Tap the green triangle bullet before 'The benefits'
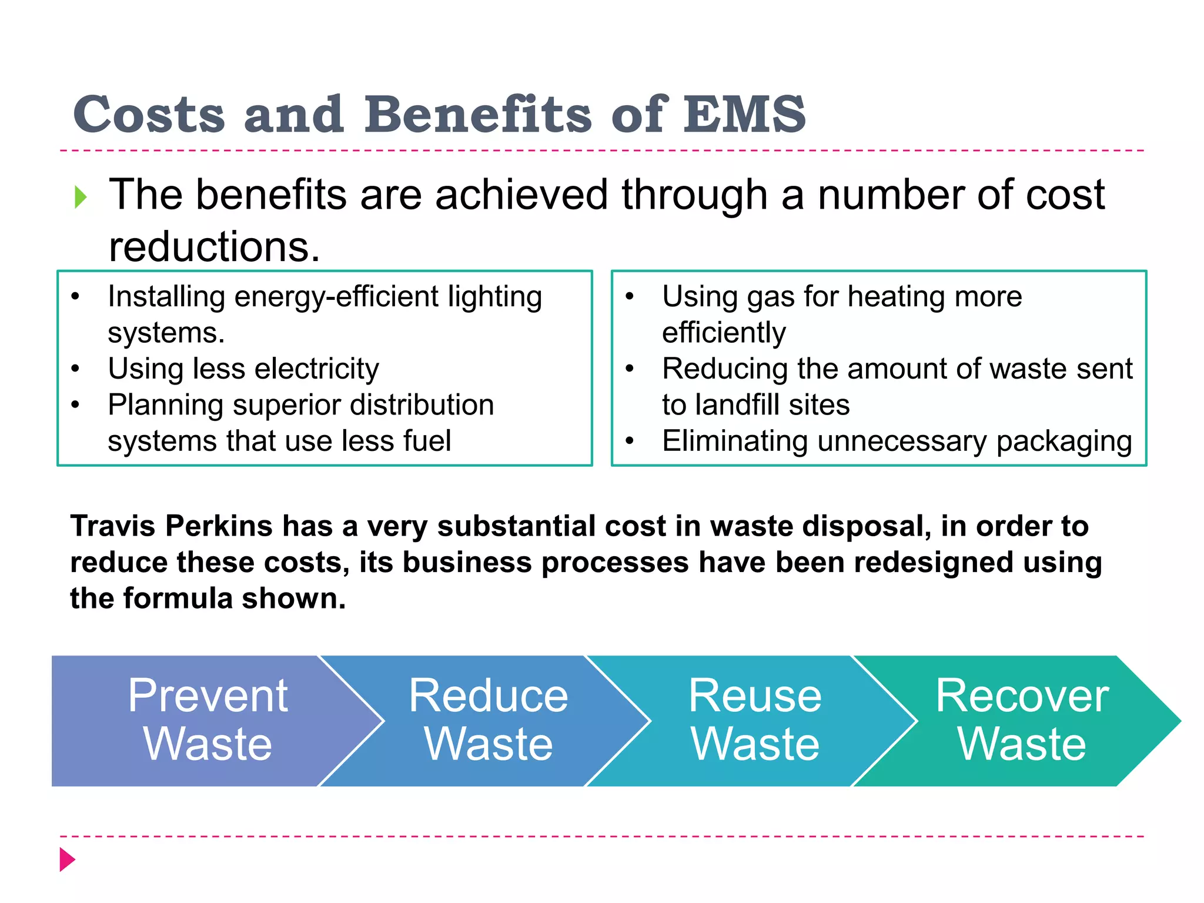pyautogui.click(x=81, y=197)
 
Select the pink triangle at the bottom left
pyautogui.click(x=67, y=859)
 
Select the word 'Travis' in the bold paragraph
pyautogui.click(x=113, y=526)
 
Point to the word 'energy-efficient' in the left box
pyautogui.click(x=337, y=297)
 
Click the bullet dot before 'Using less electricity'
pyautogui.click(x=75, y=369)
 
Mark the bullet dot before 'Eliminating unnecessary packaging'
pyautogui.click(x=629, y=442)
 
